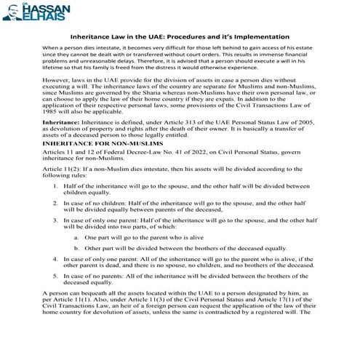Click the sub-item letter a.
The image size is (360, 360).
point(77,238)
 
